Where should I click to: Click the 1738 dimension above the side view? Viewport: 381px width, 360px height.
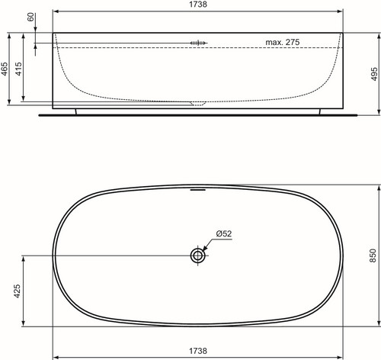[x=198, y=5]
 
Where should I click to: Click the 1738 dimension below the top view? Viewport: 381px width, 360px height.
[x=198, y=351]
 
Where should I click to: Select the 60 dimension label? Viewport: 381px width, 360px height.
[x=30, y=17]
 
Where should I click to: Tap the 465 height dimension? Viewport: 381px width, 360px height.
[x=5, y=69]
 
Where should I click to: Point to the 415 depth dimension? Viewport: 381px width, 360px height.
[x=19, y=69]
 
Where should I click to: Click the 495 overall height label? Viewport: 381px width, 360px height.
[x=374, y=74]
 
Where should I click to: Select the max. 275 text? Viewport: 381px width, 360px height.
[x=283, y=42]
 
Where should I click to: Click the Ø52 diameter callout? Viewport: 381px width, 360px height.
[x=224, y=233]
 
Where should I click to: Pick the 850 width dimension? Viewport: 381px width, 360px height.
[x=373, y=256]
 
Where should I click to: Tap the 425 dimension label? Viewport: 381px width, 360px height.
[x=18, y=291]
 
